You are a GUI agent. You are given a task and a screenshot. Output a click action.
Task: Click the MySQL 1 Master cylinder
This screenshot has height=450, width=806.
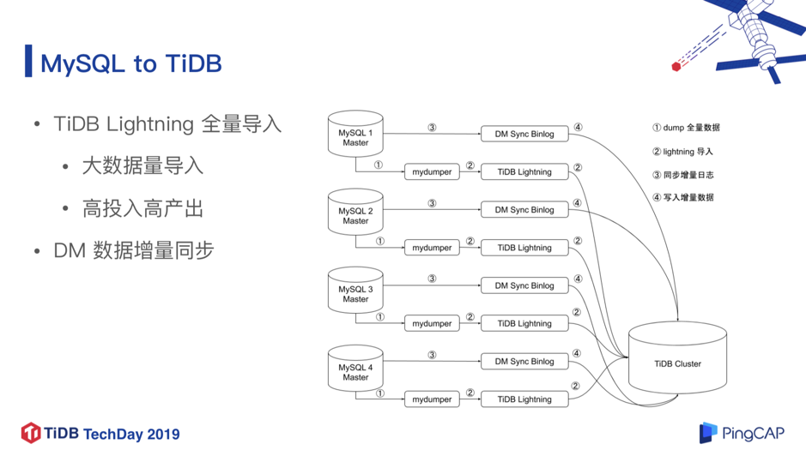tap(355, 134)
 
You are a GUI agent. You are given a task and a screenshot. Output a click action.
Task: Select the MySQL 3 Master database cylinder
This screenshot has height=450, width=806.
tap(355, 290)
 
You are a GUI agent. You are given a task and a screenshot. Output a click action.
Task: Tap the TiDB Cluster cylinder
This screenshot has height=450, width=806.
tap(677, 358)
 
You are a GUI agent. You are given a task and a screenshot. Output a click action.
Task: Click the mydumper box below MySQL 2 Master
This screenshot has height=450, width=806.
tap(432, 248)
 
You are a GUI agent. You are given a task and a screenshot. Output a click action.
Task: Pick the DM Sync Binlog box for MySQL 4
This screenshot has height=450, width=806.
tap(524, 361)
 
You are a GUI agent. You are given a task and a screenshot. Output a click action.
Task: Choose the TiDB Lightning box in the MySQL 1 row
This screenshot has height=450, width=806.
tap(524, 172)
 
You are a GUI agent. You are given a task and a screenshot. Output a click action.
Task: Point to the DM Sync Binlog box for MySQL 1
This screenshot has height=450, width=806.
tap(524, 134)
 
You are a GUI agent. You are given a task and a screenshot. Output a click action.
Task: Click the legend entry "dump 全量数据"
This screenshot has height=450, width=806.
tap(686, 128)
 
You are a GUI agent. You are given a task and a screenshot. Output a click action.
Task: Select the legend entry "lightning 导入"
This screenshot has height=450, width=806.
tap(682, 152)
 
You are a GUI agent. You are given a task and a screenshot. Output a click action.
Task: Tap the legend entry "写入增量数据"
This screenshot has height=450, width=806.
tap(683, 197)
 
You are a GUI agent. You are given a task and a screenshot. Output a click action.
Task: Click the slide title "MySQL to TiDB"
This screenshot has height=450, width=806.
tap(131, 63)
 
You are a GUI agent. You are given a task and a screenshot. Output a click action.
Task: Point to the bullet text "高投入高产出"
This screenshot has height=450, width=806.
tap(142, 209)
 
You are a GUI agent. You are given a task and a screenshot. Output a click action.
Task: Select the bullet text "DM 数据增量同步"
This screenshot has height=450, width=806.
tap(134, 251)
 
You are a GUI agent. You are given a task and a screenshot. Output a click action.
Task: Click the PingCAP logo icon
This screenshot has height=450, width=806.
tap(708, 433)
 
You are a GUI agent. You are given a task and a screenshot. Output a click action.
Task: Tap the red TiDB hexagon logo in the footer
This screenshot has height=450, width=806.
tap(31, 433)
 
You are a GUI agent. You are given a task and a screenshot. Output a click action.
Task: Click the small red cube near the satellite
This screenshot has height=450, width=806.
tap(676, 66)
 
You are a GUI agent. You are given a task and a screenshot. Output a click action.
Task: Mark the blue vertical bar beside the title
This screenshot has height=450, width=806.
tap(28, 61)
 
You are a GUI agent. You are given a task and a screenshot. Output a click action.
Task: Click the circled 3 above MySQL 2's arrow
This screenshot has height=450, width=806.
tap(432, 203)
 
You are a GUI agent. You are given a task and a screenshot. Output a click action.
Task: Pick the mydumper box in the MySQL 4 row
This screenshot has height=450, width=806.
tap(432, 399)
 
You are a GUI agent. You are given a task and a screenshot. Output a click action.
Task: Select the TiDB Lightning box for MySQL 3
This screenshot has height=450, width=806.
tap(524, 323)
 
